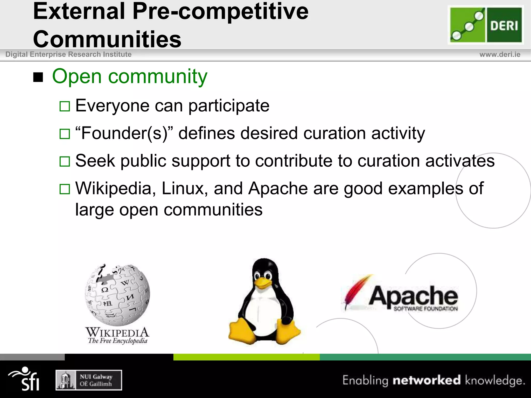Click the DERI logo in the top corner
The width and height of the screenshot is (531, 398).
(x=486, y=25)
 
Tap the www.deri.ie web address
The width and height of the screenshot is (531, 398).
(x=500, y=54)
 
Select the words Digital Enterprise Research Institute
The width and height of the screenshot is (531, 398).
(x=68, y=54)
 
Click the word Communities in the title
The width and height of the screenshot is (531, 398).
(x=107, y=39)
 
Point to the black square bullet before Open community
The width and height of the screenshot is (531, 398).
(x=38, y=77)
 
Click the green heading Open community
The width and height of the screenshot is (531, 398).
(x=130, y=76)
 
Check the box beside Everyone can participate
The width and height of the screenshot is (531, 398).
(x=65, y=106)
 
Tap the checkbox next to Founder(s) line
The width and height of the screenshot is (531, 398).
(x=65, y=134)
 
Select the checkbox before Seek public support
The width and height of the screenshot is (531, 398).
(x=65, y=161)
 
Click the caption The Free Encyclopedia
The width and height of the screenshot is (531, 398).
(x=117, y=340)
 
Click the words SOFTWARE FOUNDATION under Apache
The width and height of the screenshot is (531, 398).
(x=425, y=309)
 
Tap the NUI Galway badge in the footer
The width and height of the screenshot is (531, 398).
(x=89, y=380)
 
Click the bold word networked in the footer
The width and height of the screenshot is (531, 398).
(x=427, y=380)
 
